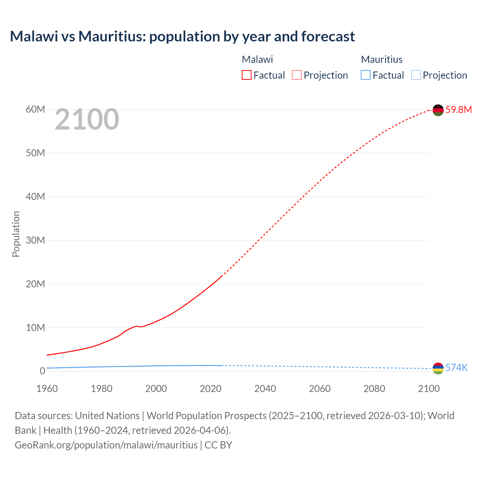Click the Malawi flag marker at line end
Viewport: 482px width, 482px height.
438,110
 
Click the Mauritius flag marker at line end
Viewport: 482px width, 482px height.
438,368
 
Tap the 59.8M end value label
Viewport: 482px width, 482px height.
458,110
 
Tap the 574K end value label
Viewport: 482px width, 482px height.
456,368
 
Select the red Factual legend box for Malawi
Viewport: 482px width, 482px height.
247,75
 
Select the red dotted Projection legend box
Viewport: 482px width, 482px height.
297,75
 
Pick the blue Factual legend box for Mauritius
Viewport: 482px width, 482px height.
366,75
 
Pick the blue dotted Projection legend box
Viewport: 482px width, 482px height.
416,75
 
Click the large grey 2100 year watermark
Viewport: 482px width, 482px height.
87,119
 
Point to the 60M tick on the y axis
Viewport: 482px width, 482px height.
35,110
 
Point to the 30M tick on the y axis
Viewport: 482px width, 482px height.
35,240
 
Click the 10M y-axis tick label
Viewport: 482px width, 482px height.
35,328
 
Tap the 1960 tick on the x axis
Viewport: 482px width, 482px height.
47,389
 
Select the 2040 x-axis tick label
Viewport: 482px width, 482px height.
265,389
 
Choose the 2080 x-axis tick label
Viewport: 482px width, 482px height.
374,389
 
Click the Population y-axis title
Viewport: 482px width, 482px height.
16,234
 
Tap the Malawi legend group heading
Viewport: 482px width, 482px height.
257,59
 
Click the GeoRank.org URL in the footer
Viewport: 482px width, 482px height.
106,445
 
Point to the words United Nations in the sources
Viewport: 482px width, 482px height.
107,416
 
